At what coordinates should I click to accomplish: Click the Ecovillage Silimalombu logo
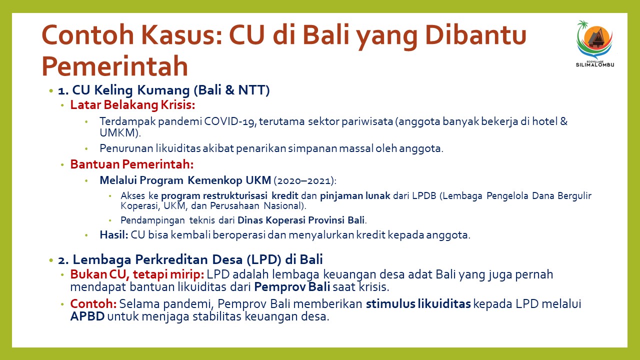pos(595,43)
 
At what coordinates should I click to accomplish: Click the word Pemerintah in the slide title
pos(115,65)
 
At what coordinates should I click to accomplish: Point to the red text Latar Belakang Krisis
pos(132,105)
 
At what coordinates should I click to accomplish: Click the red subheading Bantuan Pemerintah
pos(132,164)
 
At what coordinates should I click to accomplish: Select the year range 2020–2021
pos(304,180)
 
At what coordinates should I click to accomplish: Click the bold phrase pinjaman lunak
pos(355,195)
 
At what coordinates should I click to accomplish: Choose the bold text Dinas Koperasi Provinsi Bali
pos(301,220)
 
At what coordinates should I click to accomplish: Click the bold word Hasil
pos(113,235)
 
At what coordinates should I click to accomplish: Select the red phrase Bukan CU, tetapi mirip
pos(137,274)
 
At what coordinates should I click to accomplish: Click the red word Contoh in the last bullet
pos(93,303)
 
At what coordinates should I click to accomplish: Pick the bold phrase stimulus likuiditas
pos(418,303)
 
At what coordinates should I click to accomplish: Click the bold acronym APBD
pos(87,316)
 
